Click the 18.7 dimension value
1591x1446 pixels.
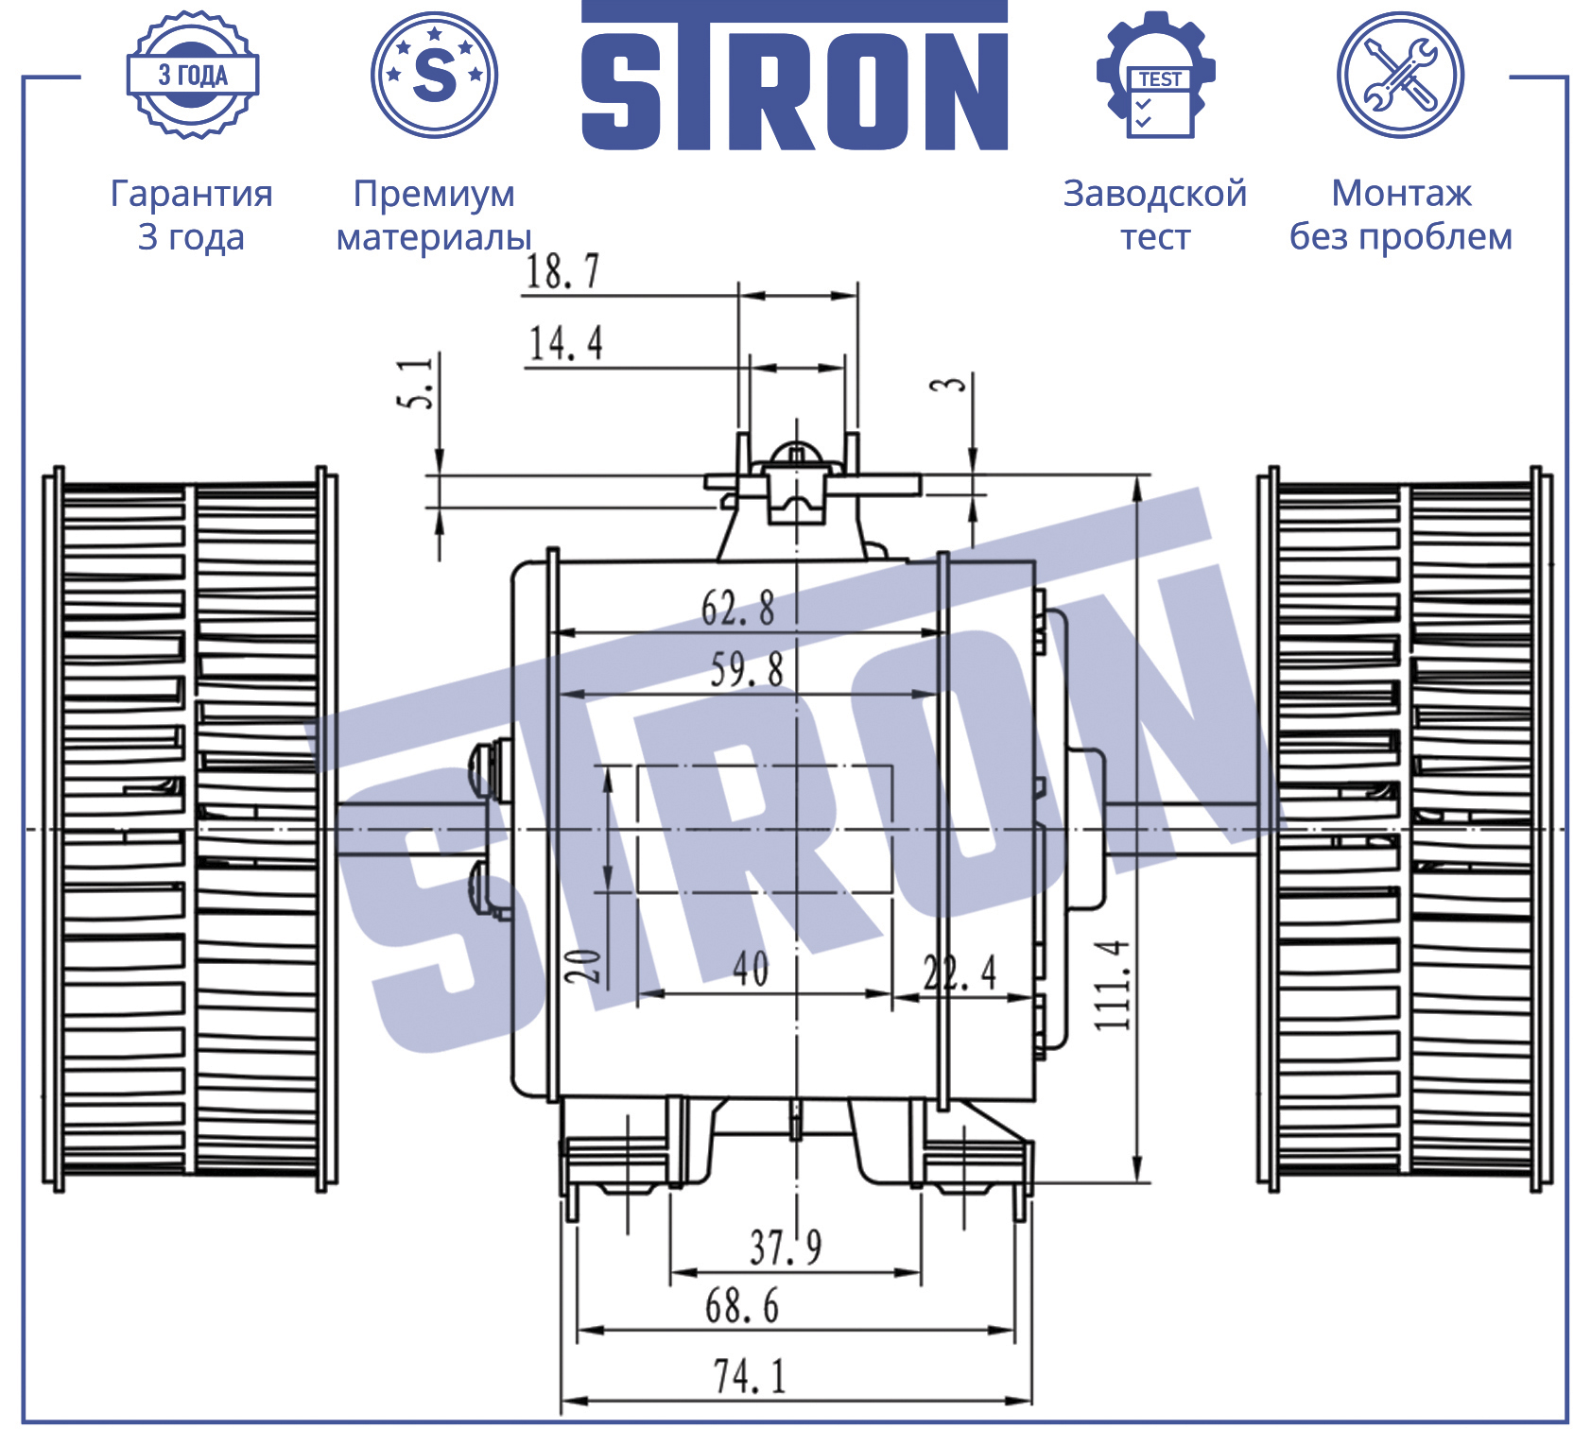[562, 271]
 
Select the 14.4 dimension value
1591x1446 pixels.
[565, 343]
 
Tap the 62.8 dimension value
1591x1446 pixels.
[737, 608]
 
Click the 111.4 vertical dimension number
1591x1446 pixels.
[1112, 984]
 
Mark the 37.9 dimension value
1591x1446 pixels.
[786, 1247]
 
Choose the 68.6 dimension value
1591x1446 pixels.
[742, 1306]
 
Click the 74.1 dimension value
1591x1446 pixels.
[750, 1376]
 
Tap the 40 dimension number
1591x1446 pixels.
[751, 968]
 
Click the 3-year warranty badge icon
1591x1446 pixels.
[193, 75]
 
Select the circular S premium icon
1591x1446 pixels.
[435, 75]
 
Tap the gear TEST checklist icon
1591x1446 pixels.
[1156, 75]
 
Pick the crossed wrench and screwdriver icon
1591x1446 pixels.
[1400, 75]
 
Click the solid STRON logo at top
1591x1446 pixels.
[794, 76]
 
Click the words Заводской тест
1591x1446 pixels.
[1155, 215]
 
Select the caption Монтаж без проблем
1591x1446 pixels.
[1401, 215]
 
